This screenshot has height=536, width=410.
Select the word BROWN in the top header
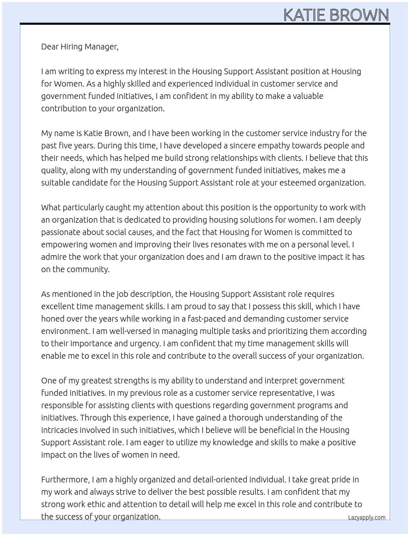tap(359, 15)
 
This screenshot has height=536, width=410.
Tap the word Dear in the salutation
tap(50, 47)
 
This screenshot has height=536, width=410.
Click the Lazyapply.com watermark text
tap(367, 517)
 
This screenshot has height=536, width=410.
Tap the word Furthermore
tap(65, 480)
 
